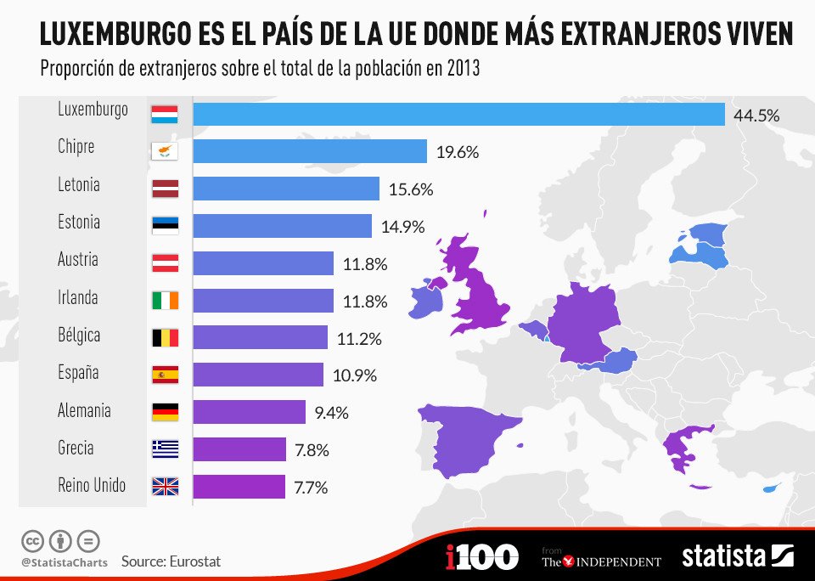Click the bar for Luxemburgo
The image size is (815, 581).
[458, 115]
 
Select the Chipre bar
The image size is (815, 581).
[310, 152]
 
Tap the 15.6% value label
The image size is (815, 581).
[411, 190]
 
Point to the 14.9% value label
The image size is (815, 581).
[403, 228]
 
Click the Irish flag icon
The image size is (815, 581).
[165, 301]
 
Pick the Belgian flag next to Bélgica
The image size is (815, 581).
[165, 338]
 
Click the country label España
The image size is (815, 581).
[78, 373]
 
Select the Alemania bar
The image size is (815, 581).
[249, 412]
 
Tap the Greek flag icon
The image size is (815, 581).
[165, 449]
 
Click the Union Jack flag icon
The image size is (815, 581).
[165, 487]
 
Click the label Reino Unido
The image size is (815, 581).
[92, 486]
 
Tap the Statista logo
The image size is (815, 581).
[738, 557]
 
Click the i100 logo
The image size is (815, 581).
[481, 557]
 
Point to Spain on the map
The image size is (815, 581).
[467, 437]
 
